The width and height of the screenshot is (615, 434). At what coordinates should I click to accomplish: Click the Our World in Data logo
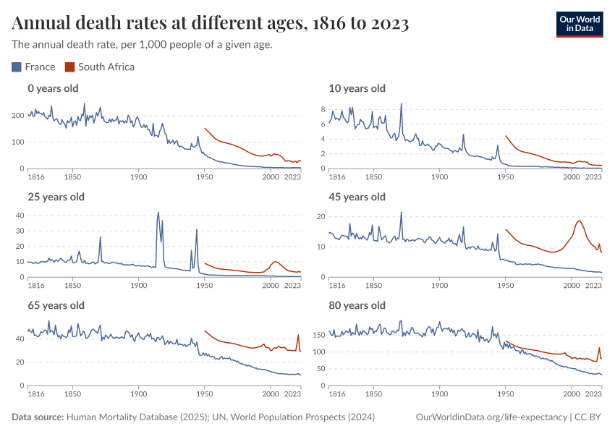[x=579, y=23]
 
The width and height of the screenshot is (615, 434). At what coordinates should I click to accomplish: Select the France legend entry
[x=33, y=67]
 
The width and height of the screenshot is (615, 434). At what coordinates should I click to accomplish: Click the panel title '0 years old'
[x=53, y=88]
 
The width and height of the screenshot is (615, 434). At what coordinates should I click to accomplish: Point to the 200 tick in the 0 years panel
[x=19, y=116]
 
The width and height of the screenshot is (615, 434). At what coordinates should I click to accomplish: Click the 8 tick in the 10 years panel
[x=323, y=109]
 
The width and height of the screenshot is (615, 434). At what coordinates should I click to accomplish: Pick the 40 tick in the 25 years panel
[x=20, y=216]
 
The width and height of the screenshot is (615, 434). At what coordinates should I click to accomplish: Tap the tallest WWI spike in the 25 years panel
[x=158, y=213]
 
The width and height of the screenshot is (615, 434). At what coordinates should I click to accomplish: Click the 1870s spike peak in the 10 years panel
[x=402, y=103]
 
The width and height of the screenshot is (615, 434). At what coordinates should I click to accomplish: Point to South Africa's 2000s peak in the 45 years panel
[x=580, y=221]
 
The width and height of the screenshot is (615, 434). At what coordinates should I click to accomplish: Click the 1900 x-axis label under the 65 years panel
[x=138, y=394]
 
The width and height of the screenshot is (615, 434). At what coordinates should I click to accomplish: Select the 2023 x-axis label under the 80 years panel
[x=593, y=394]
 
